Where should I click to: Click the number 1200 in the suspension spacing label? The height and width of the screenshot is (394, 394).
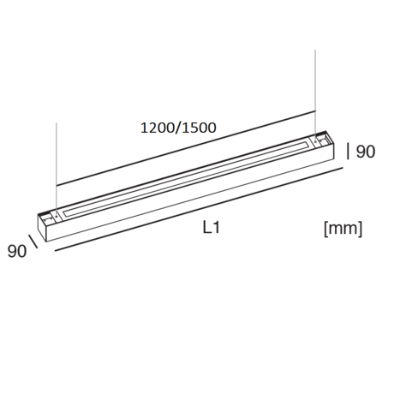158,128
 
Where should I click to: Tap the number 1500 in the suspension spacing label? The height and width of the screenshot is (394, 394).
199,128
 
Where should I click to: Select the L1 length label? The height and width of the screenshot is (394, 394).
212,228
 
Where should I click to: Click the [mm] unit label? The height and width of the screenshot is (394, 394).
343,229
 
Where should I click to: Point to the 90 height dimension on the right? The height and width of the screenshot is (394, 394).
366,152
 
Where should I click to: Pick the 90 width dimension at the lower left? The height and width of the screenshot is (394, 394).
17,251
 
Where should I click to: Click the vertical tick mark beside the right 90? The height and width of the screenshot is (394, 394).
348,152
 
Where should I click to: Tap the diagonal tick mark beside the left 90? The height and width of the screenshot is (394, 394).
33,242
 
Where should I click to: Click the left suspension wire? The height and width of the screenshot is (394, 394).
57,170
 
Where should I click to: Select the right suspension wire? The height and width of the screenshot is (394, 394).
315,95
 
